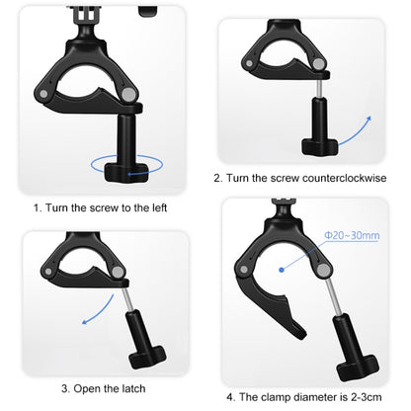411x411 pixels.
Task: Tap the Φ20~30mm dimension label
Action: point(352,235)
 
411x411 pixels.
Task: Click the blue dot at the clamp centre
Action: point(282,270)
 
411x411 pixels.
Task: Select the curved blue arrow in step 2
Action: point(356,132)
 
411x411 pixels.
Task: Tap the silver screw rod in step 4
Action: point(335,297)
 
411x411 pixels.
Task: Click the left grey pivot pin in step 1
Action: point(43,94)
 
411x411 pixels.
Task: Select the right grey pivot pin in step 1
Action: point(128,95)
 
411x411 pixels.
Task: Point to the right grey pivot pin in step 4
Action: point(324,271)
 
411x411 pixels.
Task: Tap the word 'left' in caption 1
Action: point(160,207)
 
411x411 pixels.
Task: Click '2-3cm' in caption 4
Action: point(366,397)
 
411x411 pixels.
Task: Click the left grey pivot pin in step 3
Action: point(48,272)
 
